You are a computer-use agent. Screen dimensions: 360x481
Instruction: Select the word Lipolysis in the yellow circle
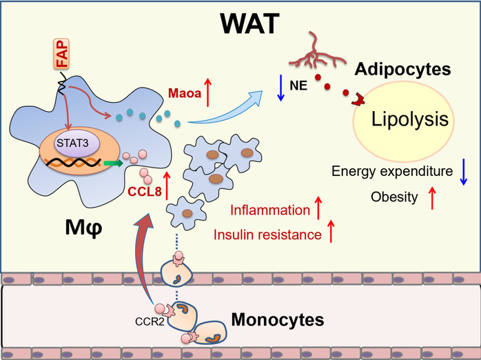pos(409,121)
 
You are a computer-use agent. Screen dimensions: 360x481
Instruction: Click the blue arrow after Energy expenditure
pos(456,171)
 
